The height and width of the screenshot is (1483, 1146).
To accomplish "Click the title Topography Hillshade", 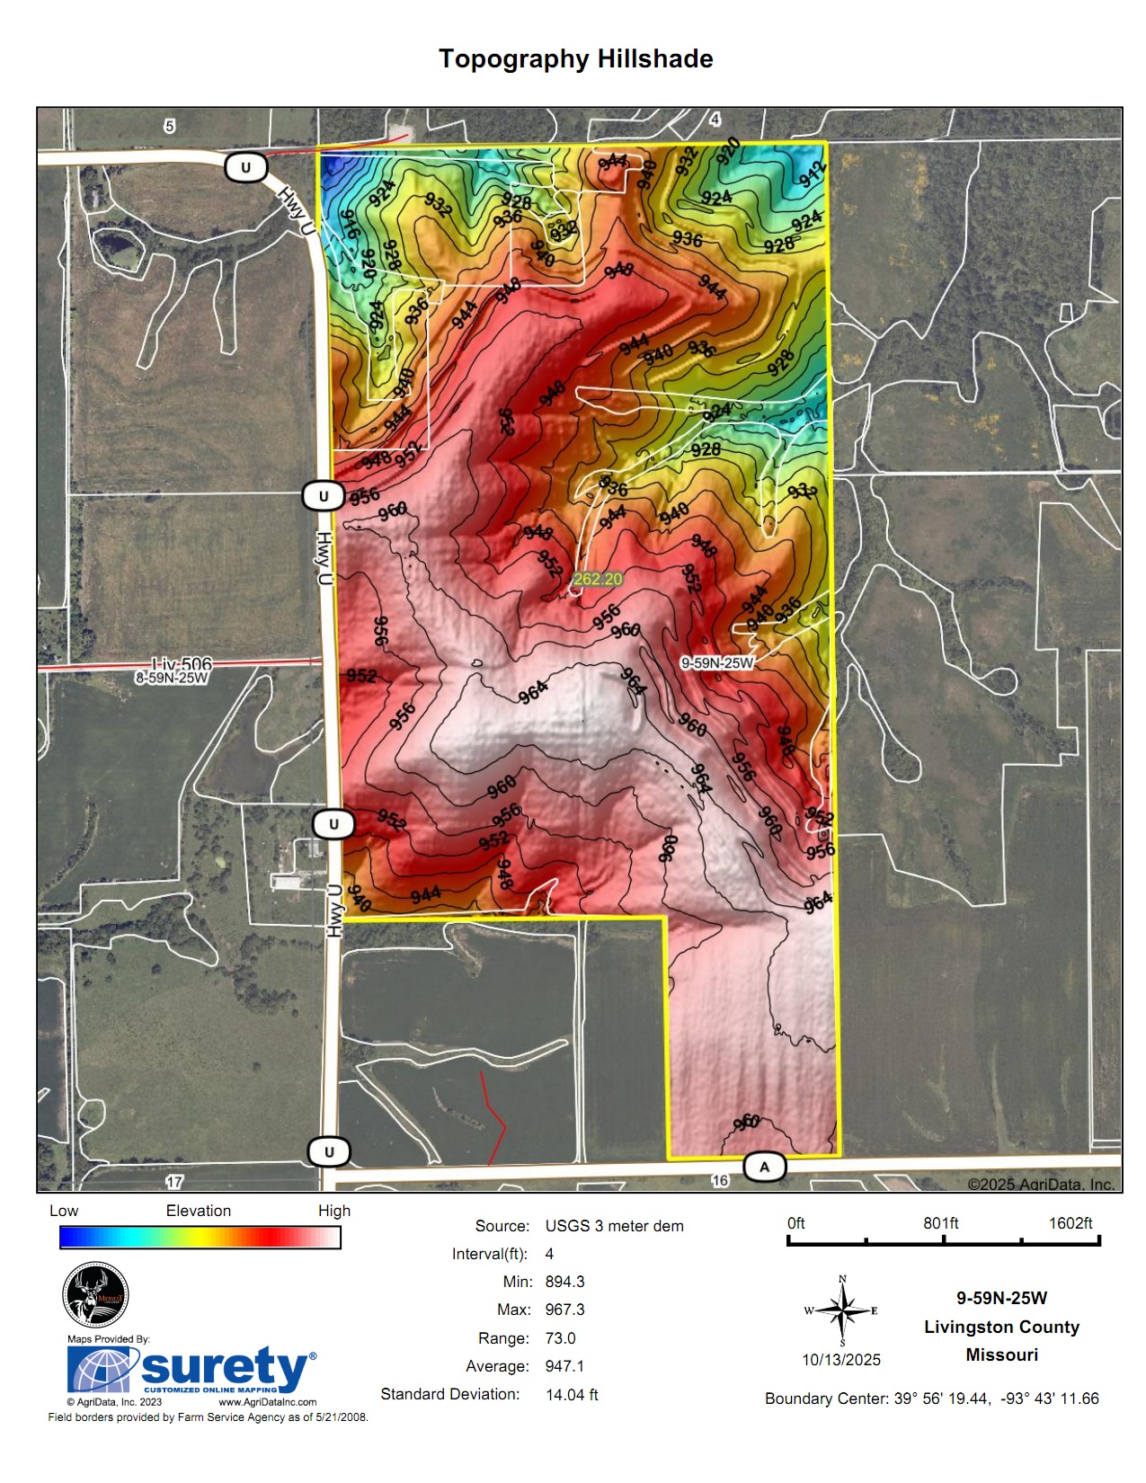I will click(x=575, y=59).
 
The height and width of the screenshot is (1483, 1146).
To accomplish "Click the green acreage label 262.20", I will click(x=598, y=579).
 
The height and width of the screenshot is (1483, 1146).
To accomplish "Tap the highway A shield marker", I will click(x=765, y=1167).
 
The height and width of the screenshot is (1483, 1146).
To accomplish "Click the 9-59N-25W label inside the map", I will click(x=716, y=662).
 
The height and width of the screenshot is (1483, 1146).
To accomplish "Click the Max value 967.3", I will click(x=564, y=1310).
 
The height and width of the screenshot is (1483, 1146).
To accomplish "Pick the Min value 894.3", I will click(x=564, y=1282).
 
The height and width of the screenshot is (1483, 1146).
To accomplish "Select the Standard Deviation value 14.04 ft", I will click(x=572, y=1394).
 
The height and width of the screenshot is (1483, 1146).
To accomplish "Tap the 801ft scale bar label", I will click(x=940, y=1223).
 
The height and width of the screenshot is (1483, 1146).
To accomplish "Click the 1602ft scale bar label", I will click(x=1070, y=1223).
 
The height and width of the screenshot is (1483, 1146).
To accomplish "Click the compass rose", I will click(x=842, y=1311).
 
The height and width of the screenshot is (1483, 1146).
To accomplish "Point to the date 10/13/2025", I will click(x=841, y=1360).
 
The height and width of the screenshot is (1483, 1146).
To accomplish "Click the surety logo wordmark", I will click(x=225, y=1368).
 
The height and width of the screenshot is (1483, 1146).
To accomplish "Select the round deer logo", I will click(x=95, y=1294).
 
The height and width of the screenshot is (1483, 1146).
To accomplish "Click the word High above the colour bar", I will click(x=333, y=1211).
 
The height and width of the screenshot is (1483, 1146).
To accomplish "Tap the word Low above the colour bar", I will click(x=64, y=1211).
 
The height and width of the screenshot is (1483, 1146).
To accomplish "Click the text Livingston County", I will click(x=1001, y=1327).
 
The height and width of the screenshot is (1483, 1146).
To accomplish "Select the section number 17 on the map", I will click(x=174, y=1182).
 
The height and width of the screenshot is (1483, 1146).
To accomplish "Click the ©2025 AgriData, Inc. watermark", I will click(x=1041, y=1185).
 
